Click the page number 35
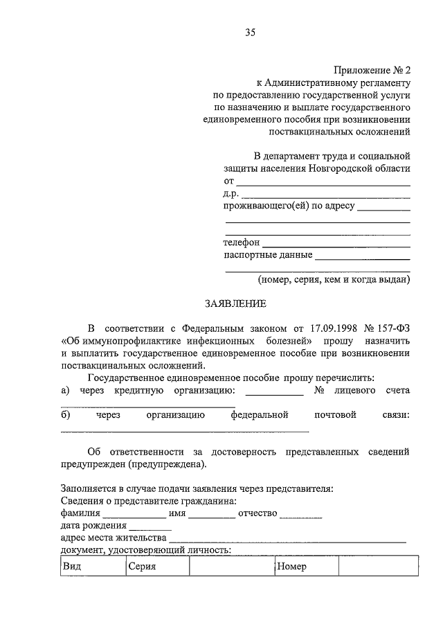click(250, 32)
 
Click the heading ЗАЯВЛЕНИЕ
click(235, 303)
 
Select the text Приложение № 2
click(373, 70)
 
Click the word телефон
click(242, 243)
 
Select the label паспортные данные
click(267, 255)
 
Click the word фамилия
click(80, 513)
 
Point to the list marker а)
click(66, 391)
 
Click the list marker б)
click(66, 415)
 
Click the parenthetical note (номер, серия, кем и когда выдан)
click(334, 280)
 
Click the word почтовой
click(336, 415)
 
